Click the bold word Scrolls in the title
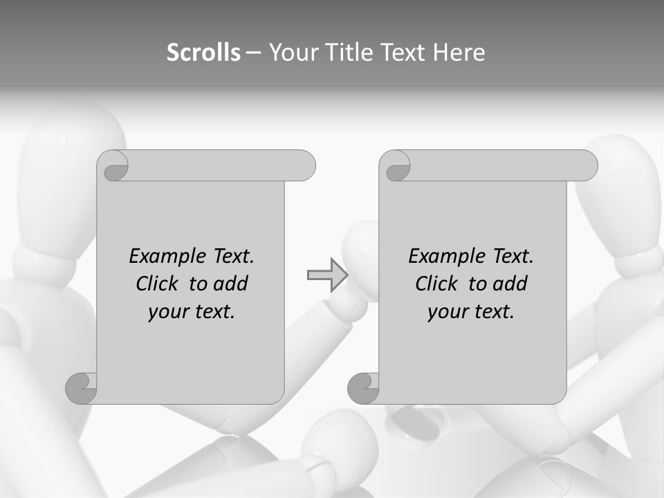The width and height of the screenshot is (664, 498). click(204, 53)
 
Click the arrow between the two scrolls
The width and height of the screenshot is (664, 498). click(327, 275)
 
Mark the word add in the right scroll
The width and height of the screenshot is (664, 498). click(510, 284)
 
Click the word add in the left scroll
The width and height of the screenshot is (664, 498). click(231, 284)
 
